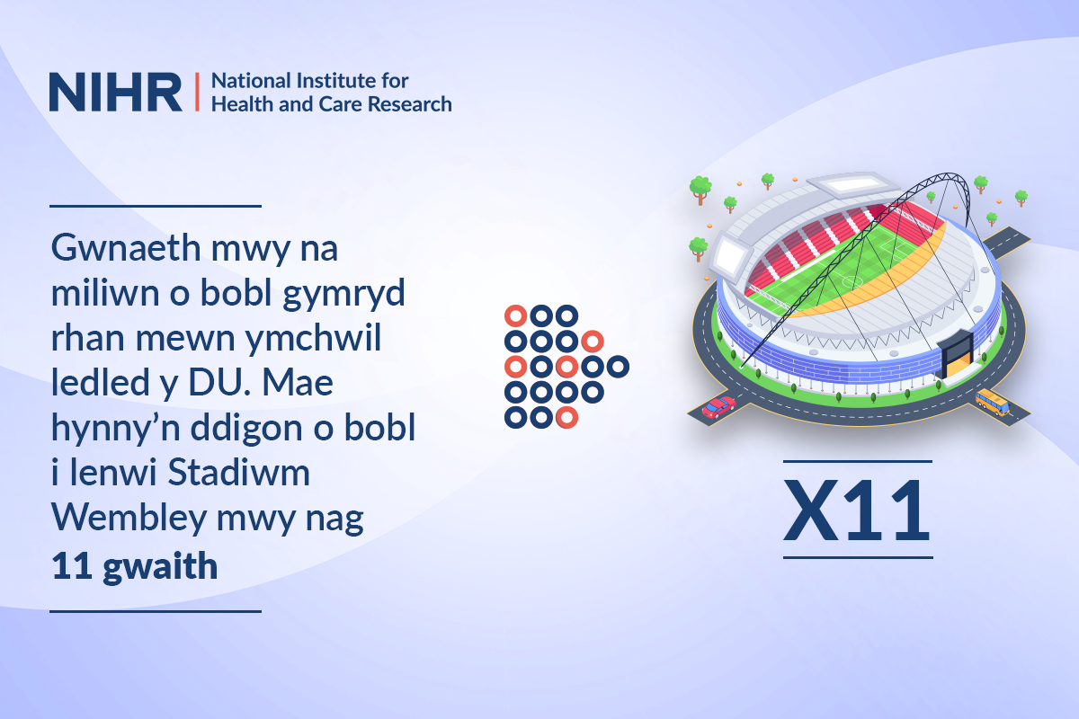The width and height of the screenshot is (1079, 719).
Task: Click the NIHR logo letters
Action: pyautogui.click(x=116, y=92)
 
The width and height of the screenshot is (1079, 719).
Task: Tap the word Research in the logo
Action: pyautogui.click(x=409, y=104)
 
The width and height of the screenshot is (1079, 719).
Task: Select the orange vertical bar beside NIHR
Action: pyautogui.click(x=197, y=92)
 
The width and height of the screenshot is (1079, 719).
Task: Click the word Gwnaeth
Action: pyautogui.click(x=126, y=247)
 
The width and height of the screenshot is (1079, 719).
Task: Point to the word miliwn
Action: pyautogui.click(x=105, y=293)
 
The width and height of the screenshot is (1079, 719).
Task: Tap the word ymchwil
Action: pyautogui.click(x=313, y=340)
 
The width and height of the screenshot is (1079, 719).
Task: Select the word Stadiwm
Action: pyautogui.click(x=239, y=472)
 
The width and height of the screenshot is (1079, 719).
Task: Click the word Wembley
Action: pyautogui.click(x=129, y=519)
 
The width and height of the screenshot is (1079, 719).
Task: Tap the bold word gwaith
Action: pyautogui.click(x=160, y=567)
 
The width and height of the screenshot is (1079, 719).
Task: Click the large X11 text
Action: pyautogui.click(x=857, y=510)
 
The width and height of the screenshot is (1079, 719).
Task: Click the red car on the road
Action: pyautogui.click(x=718, y=407)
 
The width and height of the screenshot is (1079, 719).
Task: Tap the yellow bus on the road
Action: pyautogui.click(x=993, y=403)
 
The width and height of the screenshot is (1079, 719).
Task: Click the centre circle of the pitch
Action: pyautogui.click(x=852, y=280)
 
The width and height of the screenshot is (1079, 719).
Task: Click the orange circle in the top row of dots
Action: pyautogui.click(x=515, y=316)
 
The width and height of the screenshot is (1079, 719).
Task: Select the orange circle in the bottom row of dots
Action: pyautogui.click(x=566, y=417)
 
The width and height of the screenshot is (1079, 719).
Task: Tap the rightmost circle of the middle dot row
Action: pyautogui.click(x=618, y=367)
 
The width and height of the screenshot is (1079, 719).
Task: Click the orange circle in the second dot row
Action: pyautogui.click(x=593, y=342)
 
